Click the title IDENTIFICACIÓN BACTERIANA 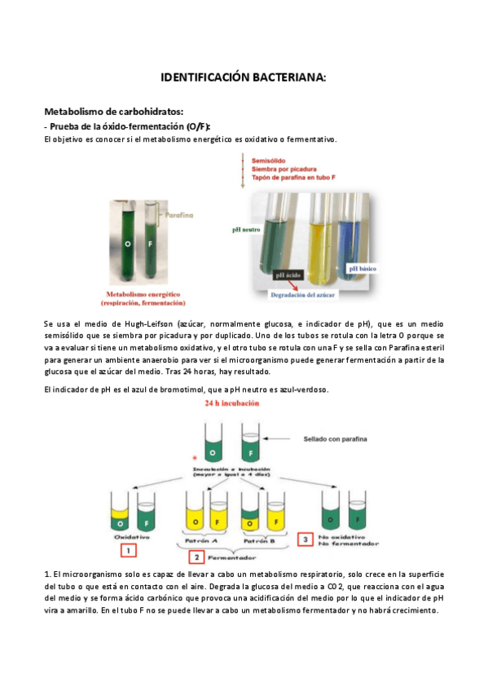(244, 77)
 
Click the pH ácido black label (293, 275)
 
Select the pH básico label (364, 268)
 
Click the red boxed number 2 (196, 557)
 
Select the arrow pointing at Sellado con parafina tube (283, 438)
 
